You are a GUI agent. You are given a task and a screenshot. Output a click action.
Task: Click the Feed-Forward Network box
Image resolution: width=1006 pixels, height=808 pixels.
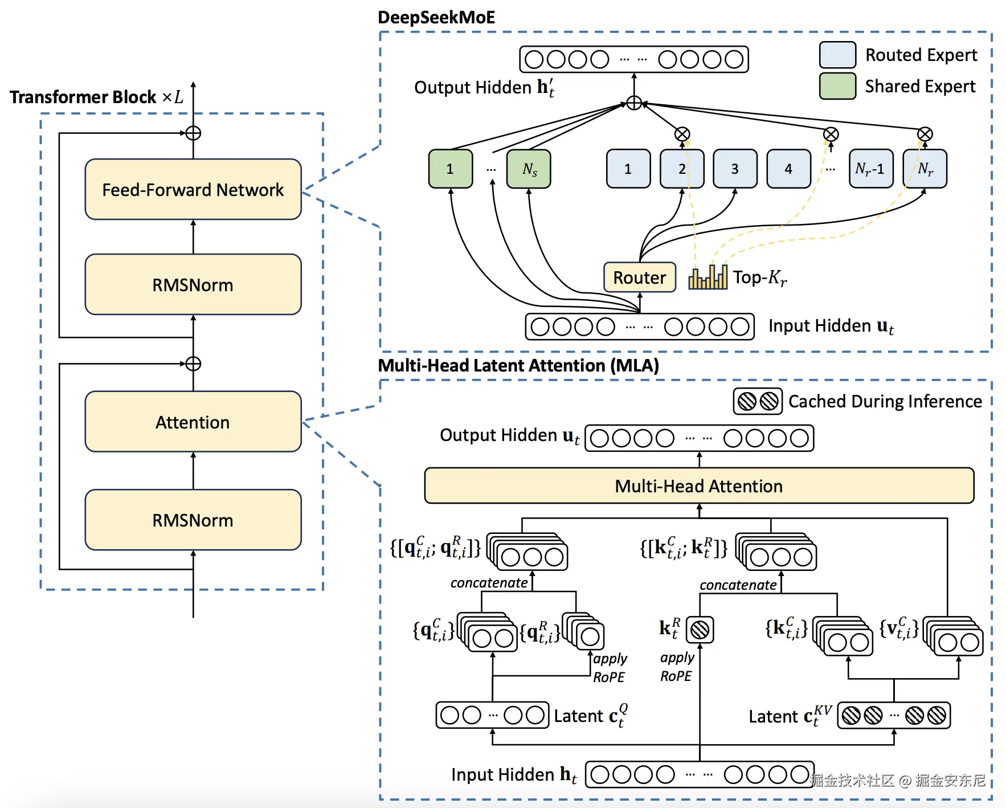193,189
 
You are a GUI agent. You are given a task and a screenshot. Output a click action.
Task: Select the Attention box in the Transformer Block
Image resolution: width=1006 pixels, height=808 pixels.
193,422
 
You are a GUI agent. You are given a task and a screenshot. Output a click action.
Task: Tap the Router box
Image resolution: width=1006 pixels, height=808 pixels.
640,278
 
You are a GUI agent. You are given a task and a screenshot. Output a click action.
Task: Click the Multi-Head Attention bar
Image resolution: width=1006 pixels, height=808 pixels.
699,486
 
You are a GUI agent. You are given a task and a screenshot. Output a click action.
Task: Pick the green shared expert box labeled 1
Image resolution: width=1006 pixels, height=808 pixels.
450,169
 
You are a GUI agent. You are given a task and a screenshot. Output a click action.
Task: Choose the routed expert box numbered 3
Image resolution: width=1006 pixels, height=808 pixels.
735,169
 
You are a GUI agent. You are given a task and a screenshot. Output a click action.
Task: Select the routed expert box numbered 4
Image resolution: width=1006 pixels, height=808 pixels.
788,169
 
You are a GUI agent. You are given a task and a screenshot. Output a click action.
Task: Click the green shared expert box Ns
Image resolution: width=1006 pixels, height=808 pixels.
529,169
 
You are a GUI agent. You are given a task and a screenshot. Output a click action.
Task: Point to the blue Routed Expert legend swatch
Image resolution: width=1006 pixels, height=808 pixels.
837,55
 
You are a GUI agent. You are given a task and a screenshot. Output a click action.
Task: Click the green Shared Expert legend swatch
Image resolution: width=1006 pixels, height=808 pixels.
837,86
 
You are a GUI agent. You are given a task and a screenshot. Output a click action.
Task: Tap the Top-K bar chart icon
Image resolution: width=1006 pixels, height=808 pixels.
708,277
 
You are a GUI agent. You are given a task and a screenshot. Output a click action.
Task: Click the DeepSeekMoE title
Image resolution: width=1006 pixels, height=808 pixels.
436,17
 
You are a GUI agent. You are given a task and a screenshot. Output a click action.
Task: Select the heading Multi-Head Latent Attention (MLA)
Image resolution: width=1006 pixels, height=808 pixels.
518,365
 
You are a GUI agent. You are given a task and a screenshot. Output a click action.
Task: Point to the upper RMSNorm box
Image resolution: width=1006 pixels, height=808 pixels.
193,284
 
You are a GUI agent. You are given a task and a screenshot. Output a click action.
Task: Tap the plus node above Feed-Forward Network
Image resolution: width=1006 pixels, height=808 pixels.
193,133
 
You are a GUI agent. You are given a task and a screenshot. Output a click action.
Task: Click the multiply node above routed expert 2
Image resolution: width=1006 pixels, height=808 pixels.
682,134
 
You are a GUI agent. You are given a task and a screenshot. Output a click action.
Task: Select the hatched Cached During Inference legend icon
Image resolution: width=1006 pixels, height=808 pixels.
758,401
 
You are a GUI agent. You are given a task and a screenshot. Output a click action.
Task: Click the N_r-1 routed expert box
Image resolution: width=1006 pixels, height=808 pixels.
870,169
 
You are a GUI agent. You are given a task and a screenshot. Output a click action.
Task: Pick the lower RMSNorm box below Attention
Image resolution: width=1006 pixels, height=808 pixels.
193,520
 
